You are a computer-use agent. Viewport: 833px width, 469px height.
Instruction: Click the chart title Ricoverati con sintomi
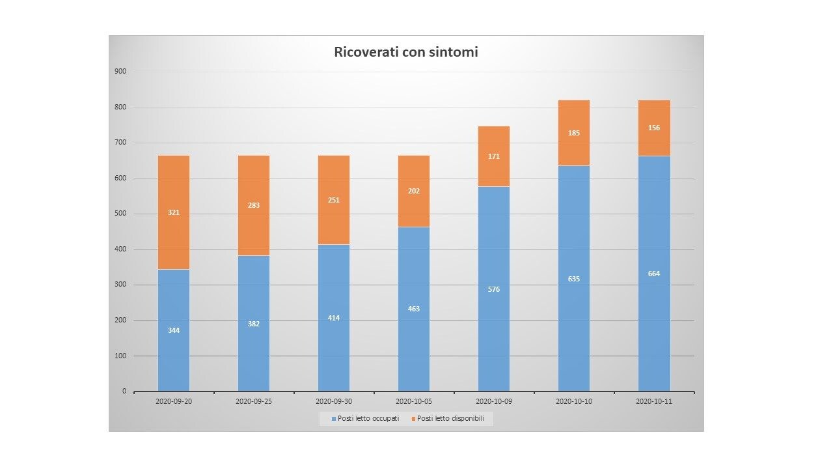pos(406,52)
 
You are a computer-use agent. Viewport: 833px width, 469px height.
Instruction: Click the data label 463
pos(414,309)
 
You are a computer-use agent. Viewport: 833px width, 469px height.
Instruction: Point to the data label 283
pos(254,205)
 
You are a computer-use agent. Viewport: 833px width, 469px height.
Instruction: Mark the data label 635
pos(574,279)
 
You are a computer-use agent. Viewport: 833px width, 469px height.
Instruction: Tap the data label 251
pos(334,200)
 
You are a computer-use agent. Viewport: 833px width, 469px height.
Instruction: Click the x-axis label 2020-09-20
pos(174,402)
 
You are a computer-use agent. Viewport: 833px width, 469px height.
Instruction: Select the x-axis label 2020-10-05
pos(414,402)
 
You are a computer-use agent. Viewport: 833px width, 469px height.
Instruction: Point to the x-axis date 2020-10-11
pos(654,402)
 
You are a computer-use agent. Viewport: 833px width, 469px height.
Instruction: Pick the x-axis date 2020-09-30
pos(334,402)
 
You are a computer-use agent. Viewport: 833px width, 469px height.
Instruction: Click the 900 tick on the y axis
pos(121,71)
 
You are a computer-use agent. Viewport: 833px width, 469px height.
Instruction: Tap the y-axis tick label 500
pos(121,214)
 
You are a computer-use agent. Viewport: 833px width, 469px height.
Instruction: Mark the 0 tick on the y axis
pos(124,391)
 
